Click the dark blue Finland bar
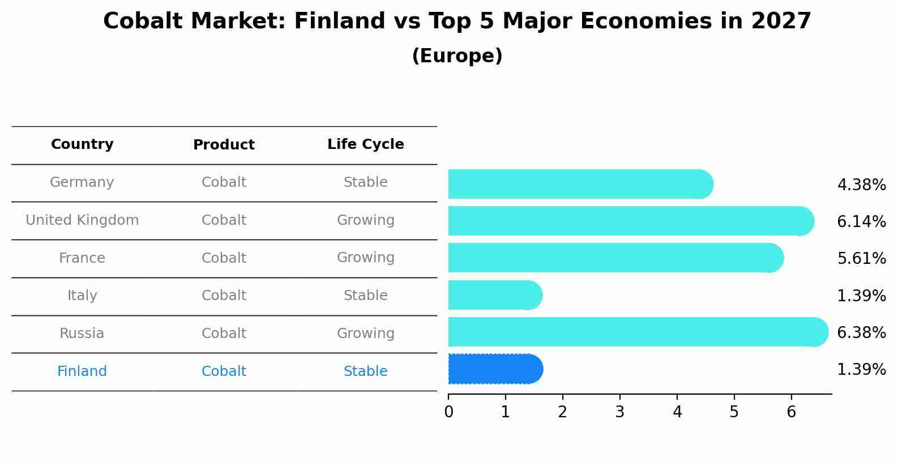click(495, 369)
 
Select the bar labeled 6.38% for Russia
click(638, 332)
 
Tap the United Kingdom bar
click(631, 221)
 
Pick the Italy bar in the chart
click(495, 295)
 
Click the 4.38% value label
click(862, 185)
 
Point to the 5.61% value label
click(862, 258)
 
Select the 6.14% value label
click(862, 221)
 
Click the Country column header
click(82, 144)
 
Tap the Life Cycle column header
click(366, 144)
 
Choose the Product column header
click(224, 144)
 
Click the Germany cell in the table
click(82, 182)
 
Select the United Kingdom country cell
click(82, 220)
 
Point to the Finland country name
click(82, 371)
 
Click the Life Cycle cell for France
click(366, 258)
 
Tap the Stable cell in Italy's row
click(366, 296)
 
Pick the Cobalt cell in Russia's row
click(224, 334)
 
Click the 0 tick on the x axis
click(448, 412)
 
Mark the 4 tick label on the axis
click(677, 412)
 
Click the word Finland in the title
click(340, 21)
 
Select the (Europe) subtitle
click(457, 55)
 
